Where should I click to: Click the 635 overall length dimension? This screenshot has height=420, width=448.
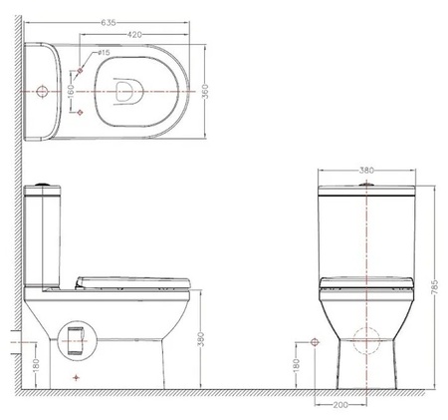pos(109,23)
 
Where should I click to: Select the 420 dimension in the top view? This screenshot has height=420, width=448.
pos(134,34)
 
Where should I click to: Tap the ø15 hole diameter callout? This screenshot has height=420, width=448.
pos(104,53)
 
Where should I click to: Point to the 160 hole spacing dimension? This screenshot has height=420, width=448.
pos(71,92)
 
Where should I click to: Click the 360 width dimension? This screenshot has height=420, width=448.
pos(205,91)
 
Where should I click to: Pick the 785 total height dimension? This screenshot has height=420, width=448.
pos(435,286)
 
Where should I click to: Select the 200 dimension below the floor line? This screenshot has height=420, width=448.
pos(340,405)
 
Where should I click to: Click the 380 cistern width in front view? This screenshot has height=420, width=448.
pos(366,171)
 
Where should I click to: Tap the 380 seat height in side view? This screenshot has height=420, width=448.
pos(201,339)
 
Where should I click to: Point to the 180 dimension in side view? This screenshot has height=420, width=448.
pos(36,365)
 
